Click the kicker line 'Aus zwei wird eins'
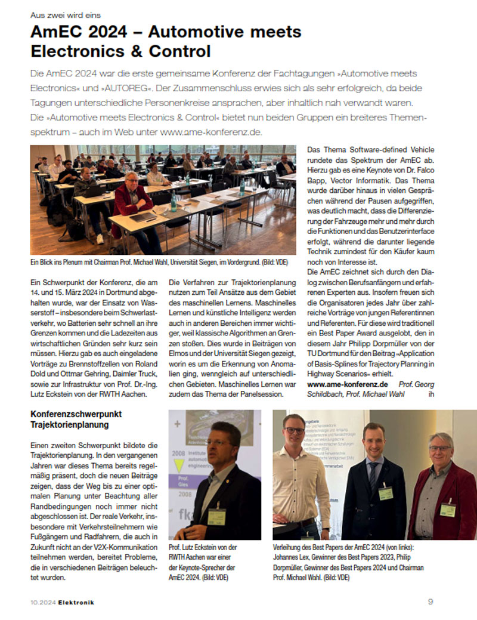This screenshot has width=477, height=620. coord(66,14)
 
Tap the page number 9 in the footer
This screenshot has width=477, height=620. coord(430,602)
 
